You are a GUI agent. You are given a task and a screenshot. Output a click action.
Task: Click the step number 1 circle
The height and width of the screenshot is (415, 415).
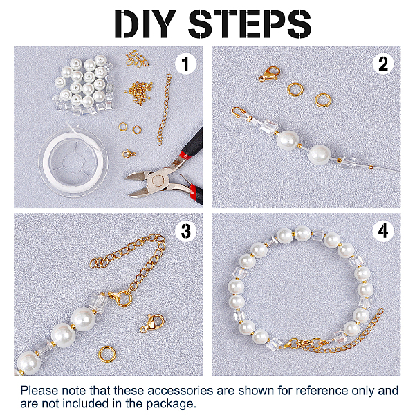tap(185, 64)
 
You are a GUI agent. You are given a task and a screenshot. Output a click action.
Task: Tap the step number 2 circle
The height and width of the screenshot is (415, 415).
tap(383, 64)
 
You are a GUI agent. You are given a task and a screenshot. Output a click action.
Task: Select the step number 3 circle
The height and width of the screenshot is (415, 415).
tap(185, 231)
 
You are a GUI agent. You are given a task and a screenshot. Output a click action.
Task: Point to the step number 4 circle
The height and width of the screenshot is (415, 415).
tap(383, 231)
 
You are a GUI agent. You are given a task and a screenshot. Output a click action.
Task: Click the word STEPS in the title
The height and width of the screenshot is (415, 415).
tap(250, 24)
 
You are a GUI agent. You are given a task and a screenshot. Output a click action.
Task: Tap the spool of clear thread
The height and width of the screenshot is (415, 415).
tap(73, 162)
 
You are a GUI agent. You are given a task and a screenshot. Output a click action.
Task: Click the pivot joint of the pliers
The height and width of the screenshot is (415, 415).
tap(158, 181)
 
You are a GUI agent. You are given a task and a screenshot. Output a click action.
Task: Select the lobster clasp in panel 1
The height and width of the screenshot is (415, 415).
tap(129, 154)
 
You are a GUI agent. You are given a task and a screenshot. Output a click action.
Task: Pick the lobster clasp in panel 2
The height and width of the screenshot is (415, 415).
tap(270, 74)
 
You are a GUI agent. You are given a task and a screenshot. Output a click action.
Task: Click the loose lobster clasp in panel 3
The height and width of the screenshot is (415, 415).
tap(152, 323)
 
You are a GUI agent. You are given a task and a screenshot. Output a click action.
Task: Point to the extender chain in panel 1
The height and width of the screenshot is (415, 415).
tap(165, 109)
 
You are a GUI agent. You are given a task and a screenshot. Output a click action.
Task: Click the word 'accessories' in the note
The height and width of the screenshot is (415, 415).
tap(180, 391)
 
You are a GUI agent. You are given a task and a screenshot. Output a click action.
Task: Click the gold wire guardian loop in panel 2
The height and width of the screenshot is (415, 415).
tap(239, 113)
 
